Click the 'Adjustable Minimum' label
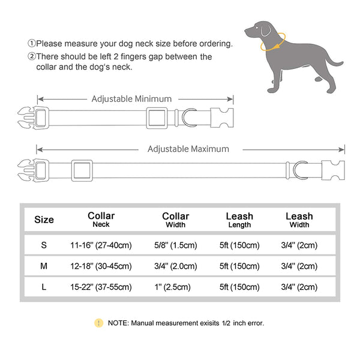(x=131, y=99)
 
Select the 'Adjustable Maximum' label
(x=188, y=149)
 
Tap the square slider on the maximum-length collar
(x=82, y=170)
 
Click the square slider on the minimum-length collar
(x=158, y=116)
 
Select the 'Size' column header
(x=44, y=220)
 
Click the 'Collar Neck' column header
(x=101, y=220)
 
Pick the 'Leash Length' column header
(x=239, y=220)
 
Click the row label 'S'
(x=44, y=245)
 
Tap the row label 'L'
(x=44, y=287)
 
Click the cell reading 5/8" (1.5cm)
(x=175, y=245)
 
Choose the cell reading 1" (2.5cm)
(x=175, y=287)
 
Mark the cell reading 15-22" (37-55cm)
(x=101, y=287)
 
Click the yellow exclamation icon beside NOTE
(x=98, y=323)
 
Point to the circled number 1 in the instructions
(x=31, y=44)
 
